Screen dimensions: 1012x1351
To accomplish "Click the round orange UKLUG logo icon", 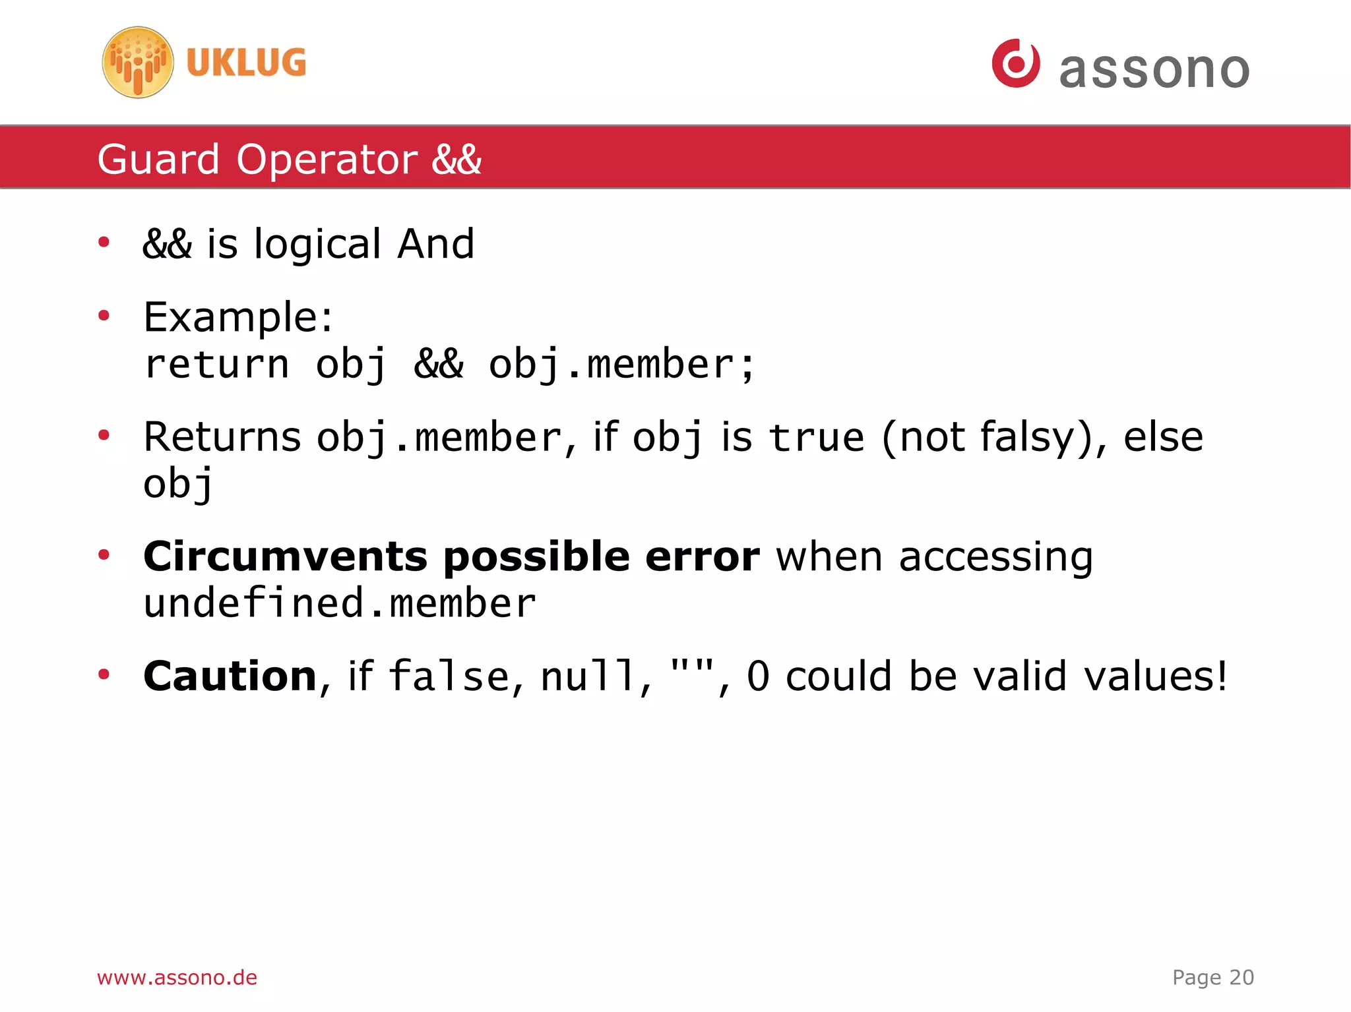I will point(138,63).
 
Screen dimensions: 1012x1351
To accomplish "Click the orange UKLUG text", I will point(246,63).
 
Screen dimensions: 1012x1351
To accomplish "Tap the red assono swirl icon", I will point(1015,63).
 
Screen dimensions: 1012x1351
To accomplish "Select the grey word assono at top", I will point(1154,70).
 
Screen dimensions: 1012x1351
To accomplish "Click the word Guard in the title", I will point(158,160).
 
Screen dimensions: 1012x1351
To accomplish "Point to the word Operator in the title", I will point(327,160).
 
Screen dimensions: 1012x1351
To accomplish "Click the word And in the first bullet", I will point(435,244).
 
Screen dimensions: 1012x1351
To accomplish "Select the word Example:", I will point(238,317).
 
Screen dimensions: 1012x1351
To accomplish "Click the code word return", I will point(216,365).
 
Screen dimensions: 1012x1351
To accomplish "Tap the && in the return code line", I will point(439,365).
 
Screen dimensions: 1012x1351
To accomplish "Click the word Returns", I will point(222,437).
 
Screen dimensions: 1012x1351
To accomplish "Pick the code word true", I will point(816,437).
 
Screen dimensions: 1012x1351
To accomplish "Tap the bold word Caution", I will point(230,676).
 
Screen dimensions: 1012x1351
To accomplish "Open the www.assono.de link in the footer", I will point(177,977).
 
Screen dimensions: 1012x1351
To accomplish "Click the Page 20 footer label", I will point(1212,977).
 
